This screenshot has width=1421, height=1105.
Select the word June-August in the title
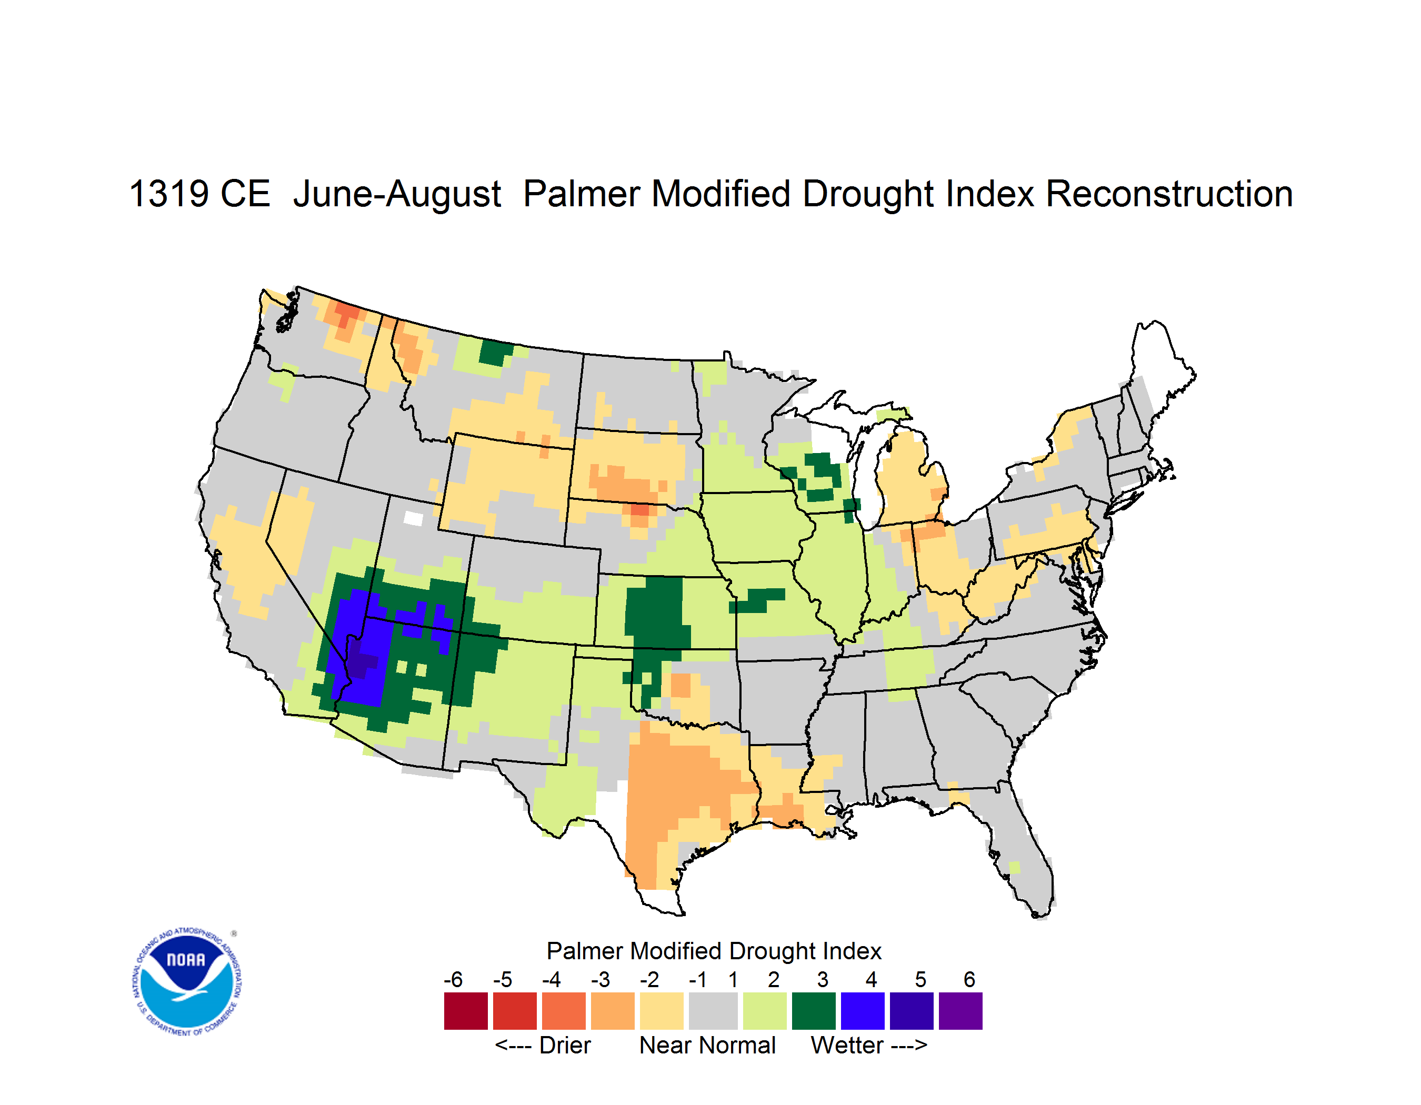pos(397,195)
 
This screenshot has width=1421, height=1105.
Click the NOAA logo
pos(186,982)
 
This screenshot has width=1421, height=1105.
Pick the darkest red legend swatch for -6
pos(465,1011)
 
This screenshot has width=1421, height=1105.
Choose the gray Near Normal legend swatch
pos(713,1011)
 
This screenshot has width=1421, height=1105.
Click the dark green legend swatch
pos(813,1011)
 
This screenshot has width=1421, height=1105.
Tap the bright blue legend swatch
pos(862,1011)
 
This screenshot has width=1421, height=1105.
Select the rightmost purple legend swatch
pos(960,1011)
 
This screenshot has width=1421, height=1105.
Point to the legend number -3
pos(600,979)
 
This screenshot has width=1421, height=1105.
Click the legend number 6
pos(969,979)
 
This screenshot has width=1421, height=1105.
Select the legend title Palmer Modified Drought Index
pos(714,951)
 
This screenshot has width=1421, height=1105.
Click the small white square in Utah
pos(413,518)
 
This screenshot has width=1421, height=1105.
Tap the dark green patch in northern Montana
pos(495,353)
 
